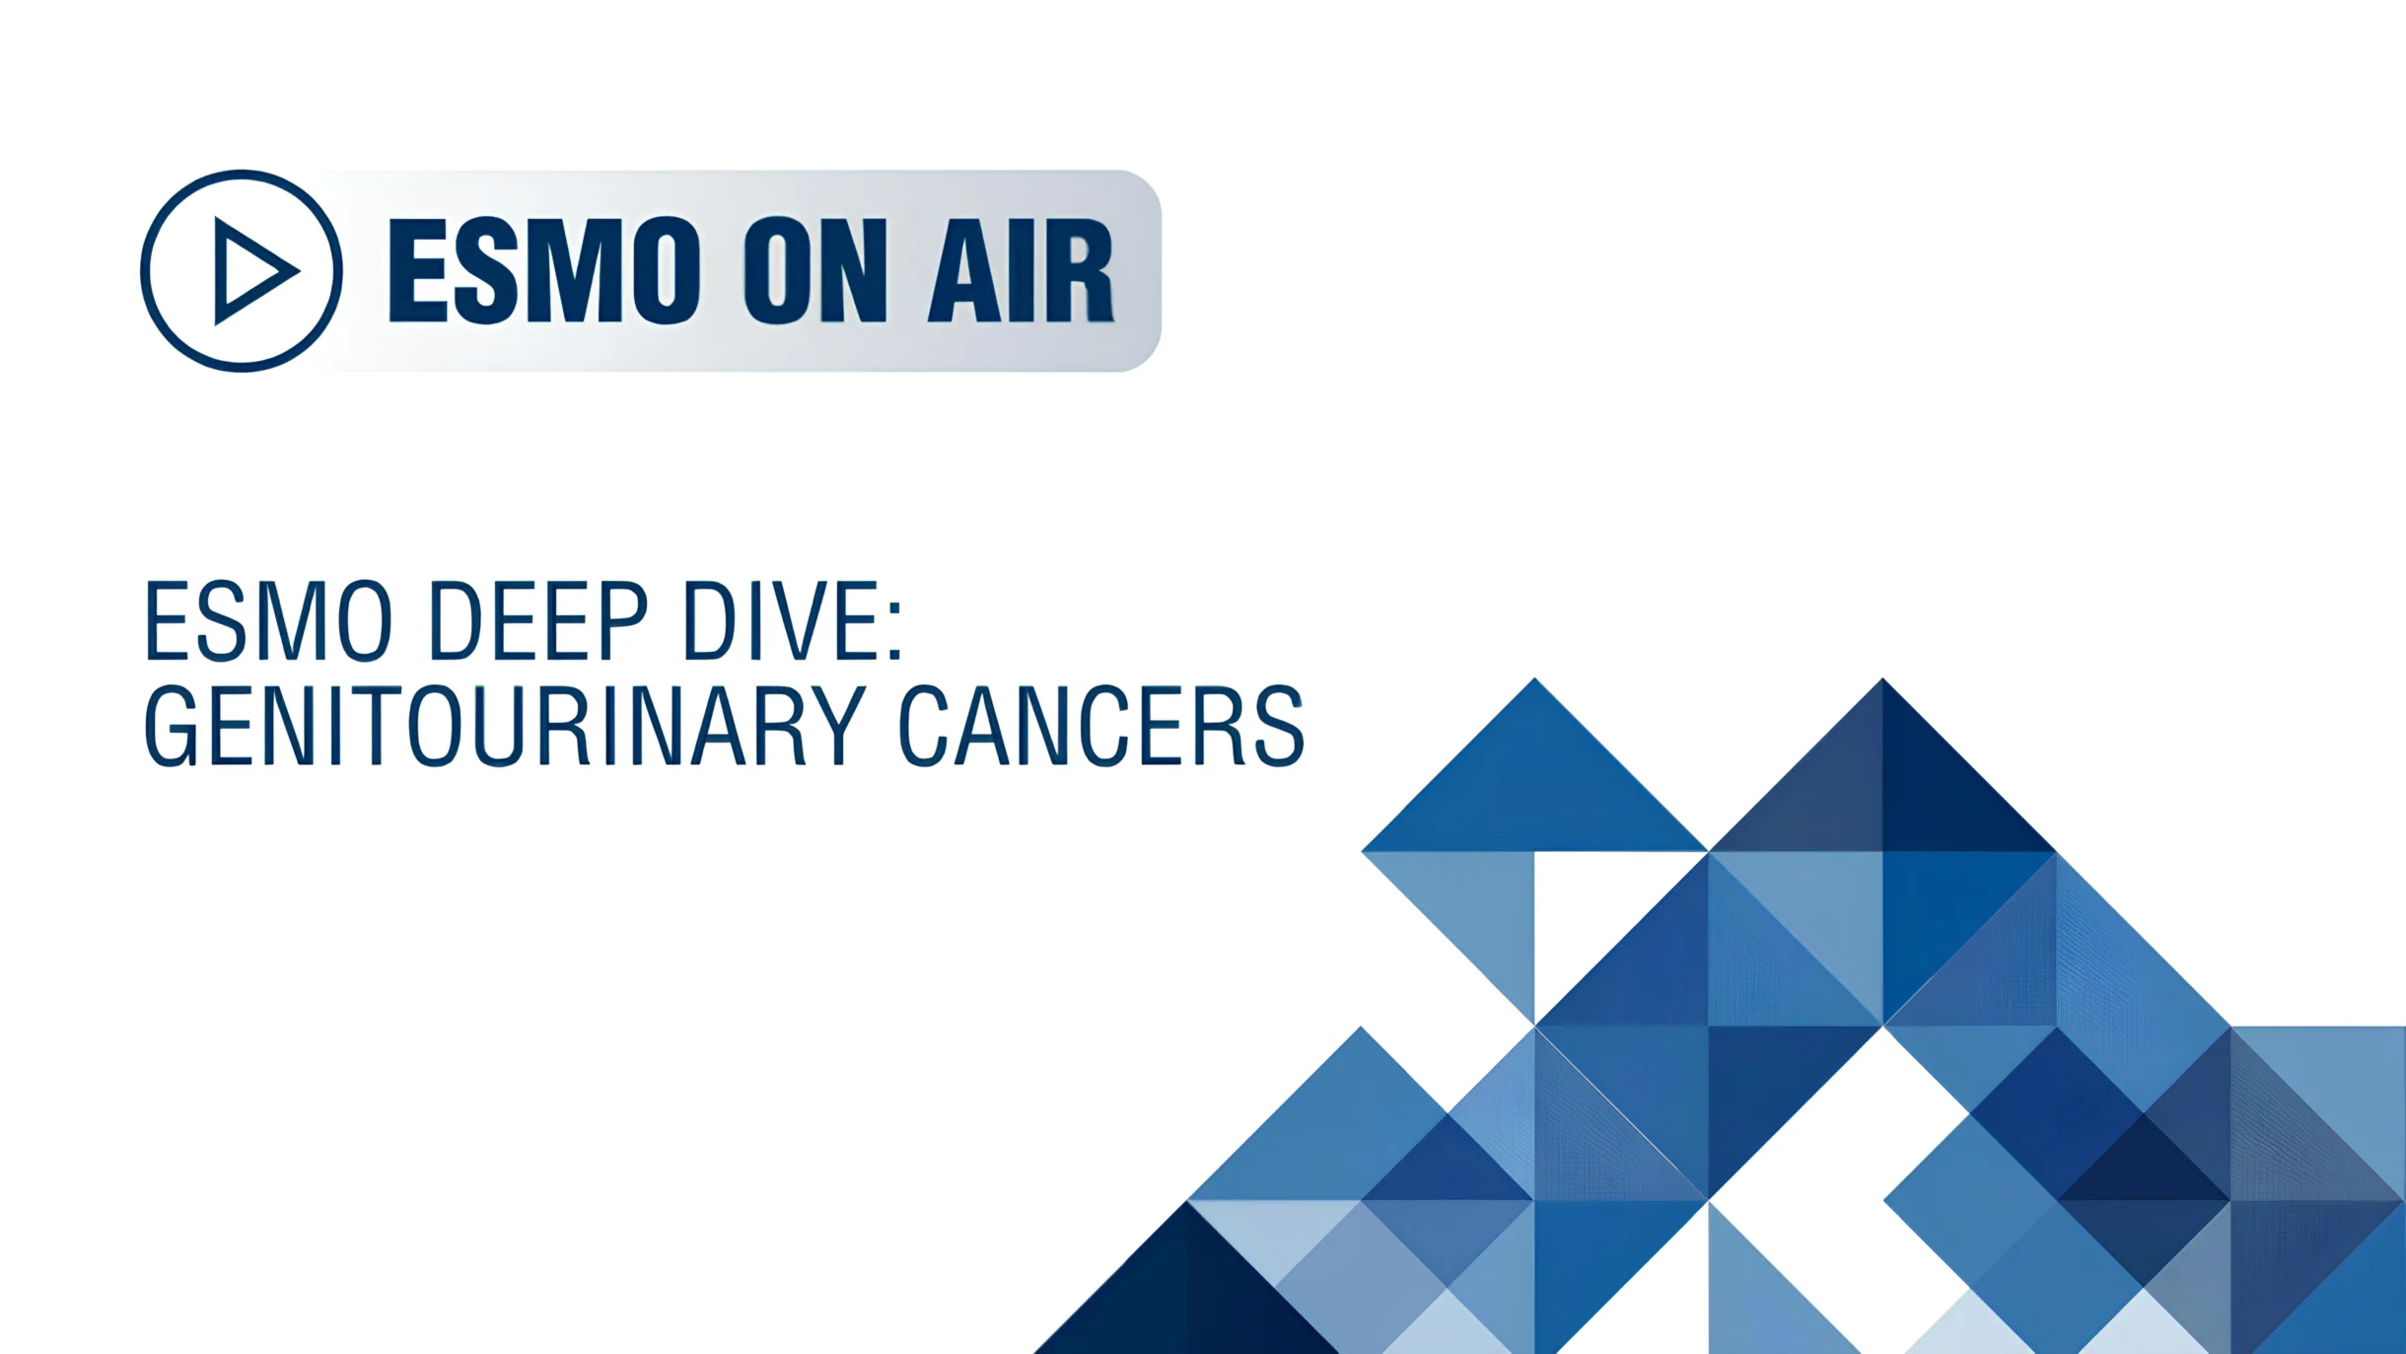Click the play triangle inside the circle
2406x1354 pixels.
pos(251,271)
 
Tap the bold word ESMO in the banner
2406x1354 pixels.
pos(544,271)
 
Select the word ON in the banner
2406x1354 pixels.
pos(815,271)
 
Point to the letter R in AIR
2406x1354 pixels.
pos(1077,271)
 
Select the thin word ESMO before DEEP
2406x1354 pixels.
pos(268,621)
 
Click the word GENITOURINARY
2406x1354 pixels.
pos(505,727)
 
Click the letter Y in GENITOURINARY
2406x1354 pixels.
pos(837,727)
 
